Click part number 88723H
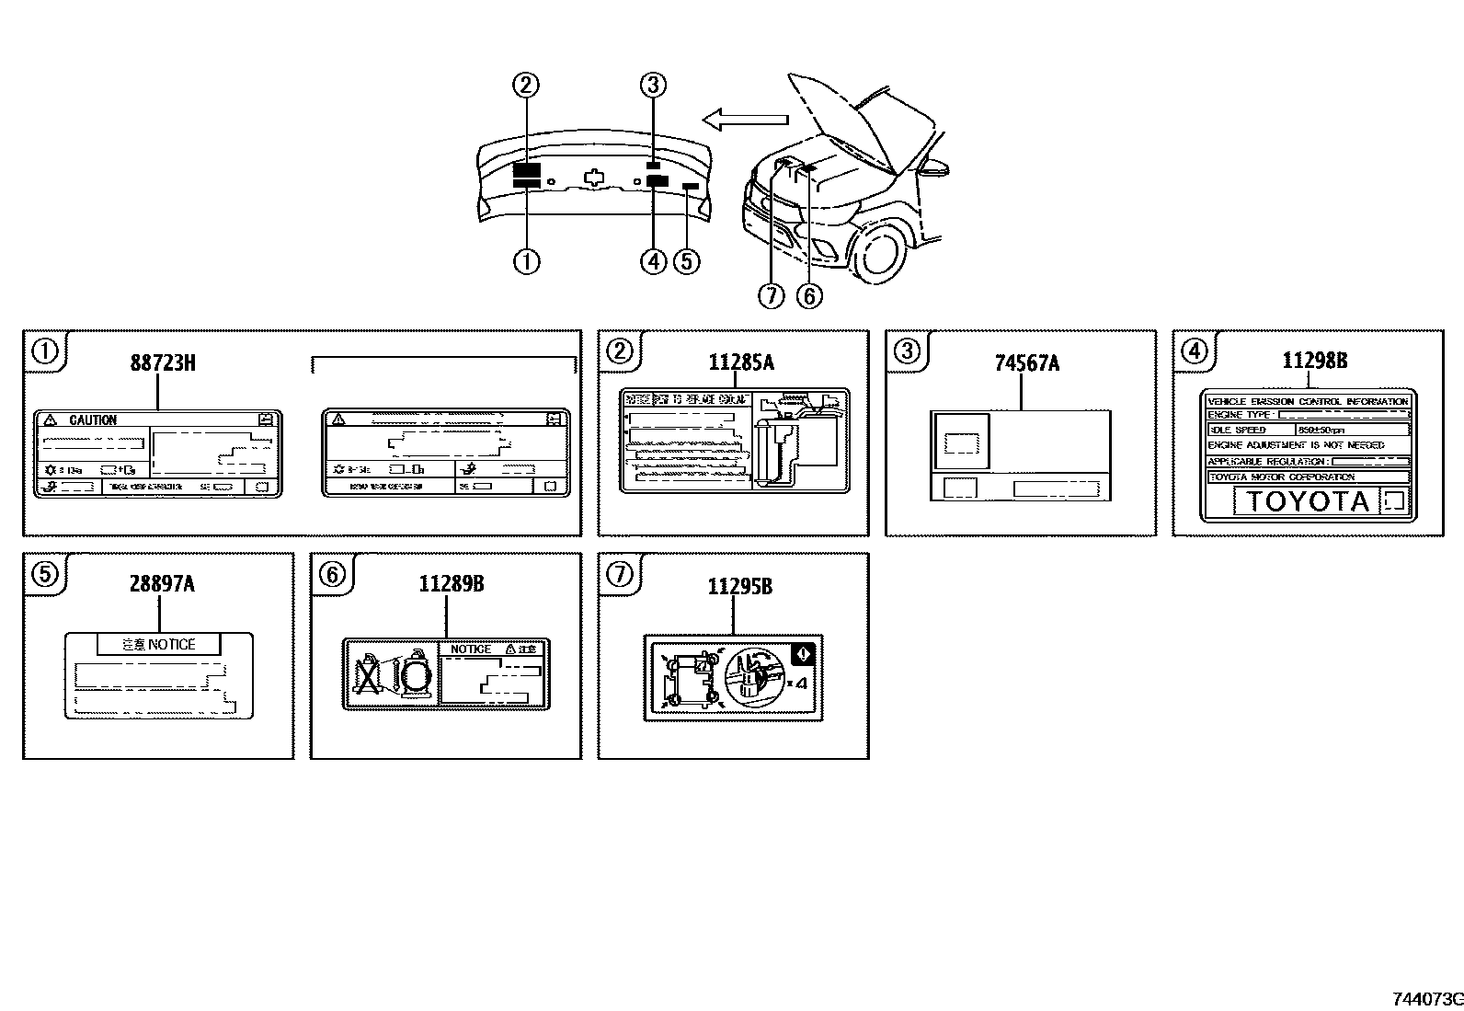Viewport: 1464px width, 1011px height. pos(162,362)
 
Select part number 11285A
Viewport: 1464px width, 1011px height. pos(740,362)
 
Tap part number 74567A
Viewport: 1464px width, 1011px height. pos(1026,363)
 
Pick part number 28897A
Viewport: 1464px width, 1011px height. pos(162,584)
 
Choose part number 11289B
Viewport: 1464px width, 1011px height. pos(451,584)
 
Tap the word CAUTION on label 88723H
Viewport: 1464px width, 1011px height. pos(93,420)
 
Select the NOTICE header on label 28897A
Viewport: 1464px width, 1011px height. pos(159,645)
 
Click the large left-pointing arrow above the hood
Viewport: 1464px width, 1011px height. pos(745,119)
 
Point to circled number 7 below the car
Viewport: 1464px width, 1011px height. pos(771,295)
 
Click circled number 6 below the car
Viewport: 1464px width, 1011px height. pos(808,295)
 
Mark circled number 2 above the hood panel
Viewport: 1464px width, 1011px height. pos(525,86)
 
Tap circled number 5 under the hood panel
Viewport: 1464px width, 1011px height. pos(686,261)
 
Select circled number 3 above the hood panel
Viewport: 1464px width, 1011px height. pos(652,86)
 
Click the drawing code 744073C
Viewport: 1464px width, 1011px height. pos(1426,998)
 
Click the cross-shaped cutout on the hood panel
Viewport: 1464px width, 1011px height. pos(596,178)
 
